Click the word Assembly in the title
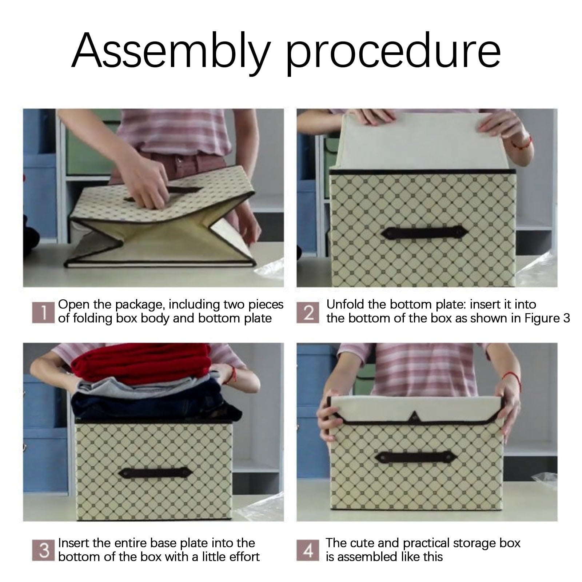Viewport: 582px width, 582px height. tap(171, 51)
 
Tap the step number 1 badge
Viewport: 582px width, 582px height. tap(43, 312)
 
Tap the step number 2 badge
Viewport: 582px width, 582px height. tap(308, 312)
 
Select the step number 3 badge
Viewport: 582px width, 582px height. tap(43, 550)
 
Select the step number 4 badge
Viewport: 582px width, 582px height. tap(308, 550)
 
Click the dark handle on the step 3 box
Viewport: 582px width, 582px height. tap(156, 473)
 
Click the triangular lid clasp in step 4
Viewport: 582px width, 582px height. tap(414, 415)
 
